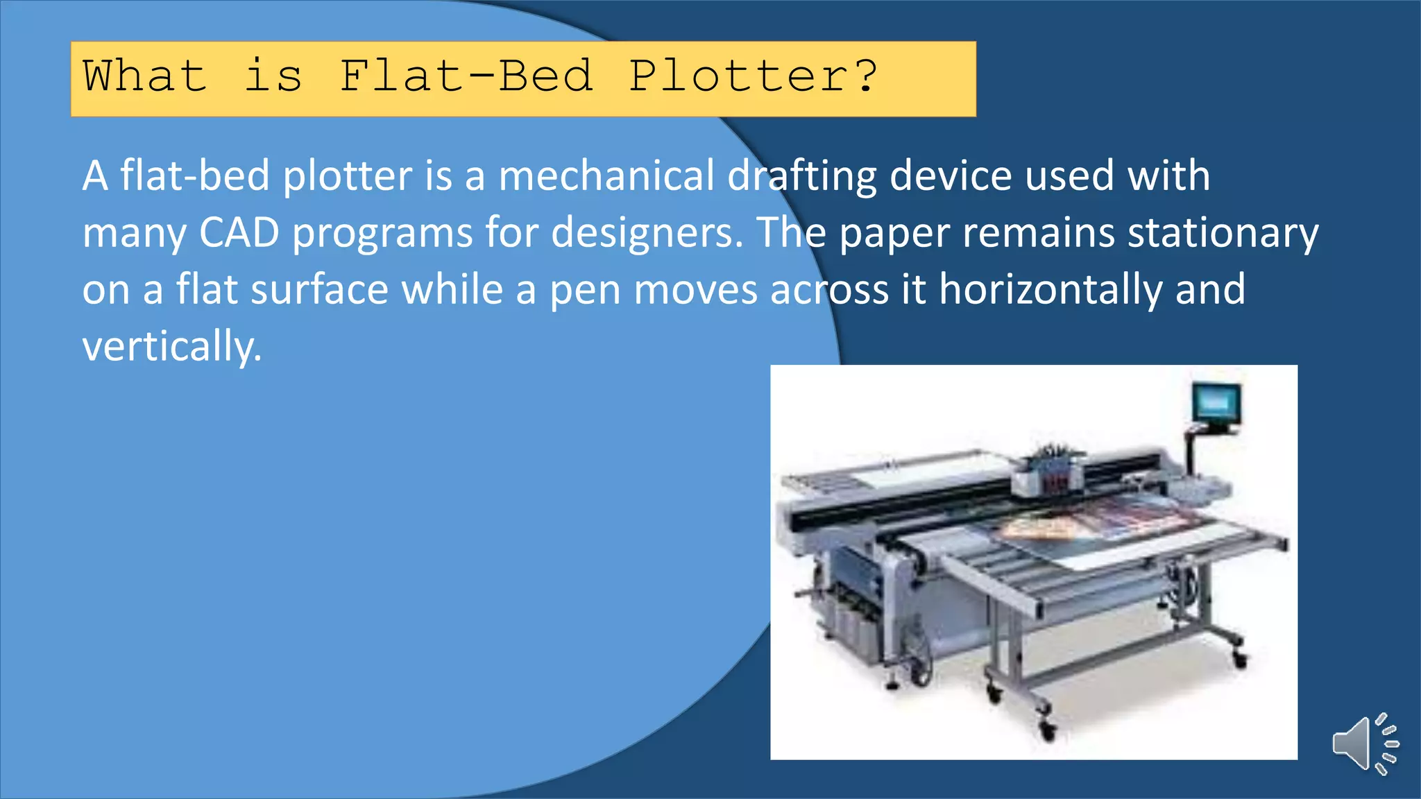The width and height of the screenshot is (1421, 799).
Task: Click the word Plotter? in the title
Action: [x=754, y=76]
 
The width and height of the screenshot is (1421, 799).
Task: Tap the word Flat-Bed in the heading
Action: [x=466, y=76]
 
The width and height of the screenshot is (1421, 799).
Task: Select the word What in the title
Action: [x=145, y=76]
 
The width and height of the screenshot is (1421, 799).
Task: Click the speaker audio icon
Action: [x=1365, y=744]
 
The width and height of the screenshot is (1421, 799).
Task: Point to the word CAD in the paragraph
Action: [x=239, y=232]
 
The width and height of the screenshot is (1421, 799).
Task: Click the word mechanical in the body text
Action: [x=606, y=175]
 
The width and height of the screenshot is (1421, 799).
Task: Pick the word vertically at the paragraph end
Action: [x=171, y=347]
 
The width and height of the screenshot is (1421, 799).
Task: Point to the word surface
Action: [x=319, y=289]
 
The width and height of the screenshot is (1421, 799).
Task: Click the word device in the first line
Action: [x=951, y=175]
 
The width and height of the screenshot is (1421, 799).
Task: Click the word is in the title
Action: [x=273, y=76]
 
